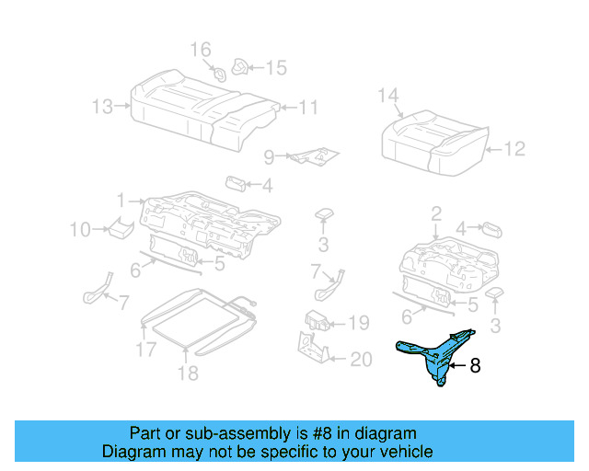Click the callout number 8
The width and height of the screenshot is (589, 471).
click(475, 366)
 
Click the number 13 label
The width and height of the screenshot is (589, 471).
click(102, 107)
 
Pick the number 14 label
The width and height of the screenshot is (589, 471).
click(388, 95)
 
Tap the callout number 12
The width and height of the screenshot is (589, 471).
click(514, 148)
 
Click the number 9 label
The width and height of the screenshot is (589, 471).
click(269, 156)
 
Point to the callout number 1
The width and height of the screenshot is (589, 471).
click(121, 200)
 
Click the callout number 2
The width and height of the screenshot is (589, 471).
click(435, 214)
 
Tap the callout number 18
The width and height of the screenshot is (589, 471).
click(188, 373)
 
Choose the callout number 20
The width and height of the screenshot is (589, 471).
click(360, 360)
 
